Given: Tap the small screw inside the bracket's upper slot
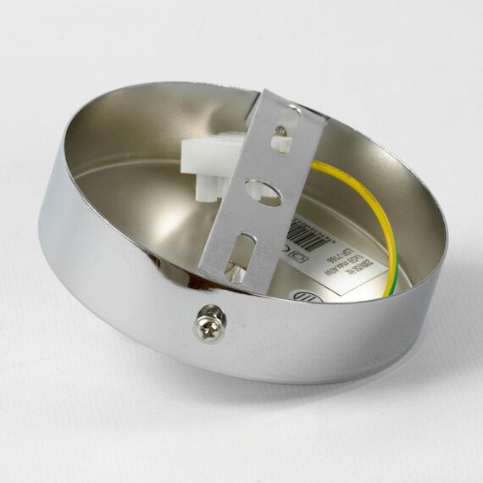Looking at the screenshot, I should [280, 131].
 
